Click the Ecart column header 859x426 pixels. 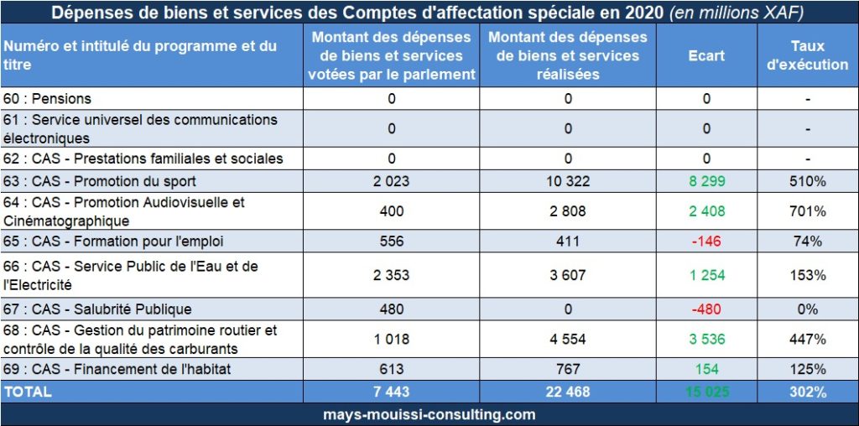click(x=706, y=56)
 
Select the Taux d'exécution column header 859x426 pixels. click(x=808, y=56)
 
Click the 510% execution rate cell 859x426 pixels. click(x=808, y=181)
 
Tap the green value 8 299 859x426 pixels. click(x=706, y=181)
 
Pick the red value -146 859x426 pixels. click(x=706, y=242)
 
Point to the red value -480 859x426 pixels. click(x=706, y=309)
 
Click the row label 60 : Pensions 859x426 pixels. click(x=48, y=99)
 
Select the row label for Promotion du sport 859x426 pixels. click(x=100, y=181)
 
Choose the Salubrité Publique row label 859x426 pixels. click(x=98, y=309)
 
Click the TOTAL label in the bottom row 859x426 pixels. click(x=28, y=392)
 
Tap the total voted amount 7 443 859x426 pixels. click(x=391, y=392)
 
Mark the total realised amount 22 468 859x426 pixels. click(x=568, y=392)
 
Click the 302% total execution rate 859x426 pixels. click(x=808, y=392)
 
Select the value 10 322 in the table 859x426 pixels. click(x=568, y=181)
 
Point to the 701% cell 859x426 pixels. click(x=808, y=211)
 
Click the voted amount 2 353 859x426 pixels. click(x=391, y=275)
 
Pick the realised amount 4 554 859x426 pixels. click(x=568, y=340)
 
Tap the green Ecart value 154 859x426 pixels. click(x=706, y=370)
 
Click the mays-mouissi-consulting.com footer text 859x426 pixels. click(x=429, y=414)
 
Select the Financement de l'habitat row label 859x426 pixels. click(x=115, y=370)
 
